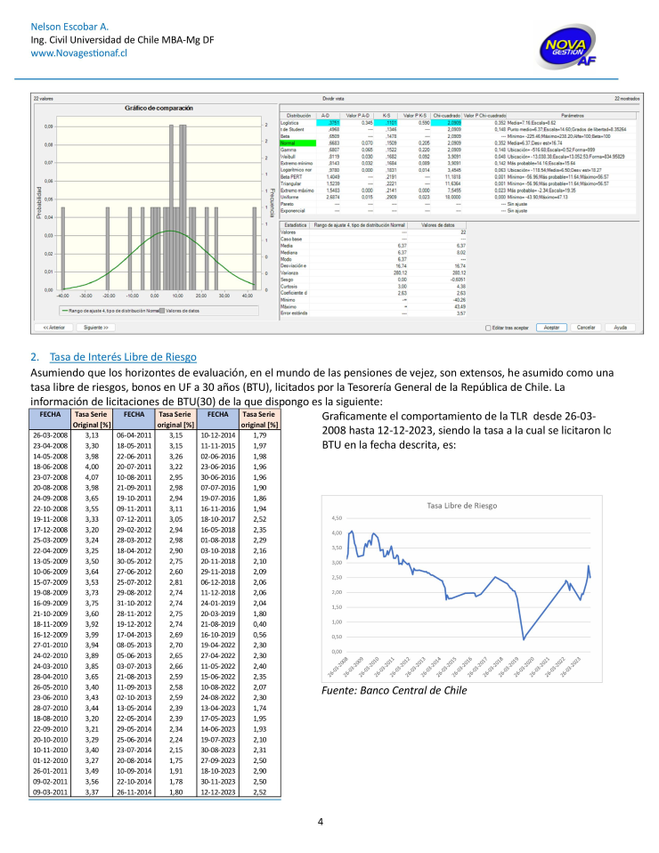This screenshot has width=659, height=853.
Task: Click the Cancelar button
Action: point(585,328)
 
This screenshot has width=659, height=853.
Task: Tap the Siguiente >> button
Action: point(95,328)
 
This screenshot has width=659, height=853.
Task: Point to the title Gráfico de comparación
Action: point(158,108)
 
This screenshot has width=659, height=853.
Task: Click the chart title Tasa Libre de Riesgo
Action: point(462,504)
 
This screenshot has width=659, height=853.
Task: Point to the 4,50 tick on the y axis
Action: point(336,518)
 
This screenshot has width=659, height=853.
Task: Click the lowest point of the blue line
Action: point(525,639)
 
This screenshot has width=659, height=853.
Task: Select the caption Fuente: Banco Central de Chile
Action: point(393,690)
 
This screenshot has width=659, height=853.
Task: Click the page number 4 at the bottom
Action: point(320,821)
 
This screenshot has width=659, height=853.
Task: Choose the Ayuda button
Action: point(621,328)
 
